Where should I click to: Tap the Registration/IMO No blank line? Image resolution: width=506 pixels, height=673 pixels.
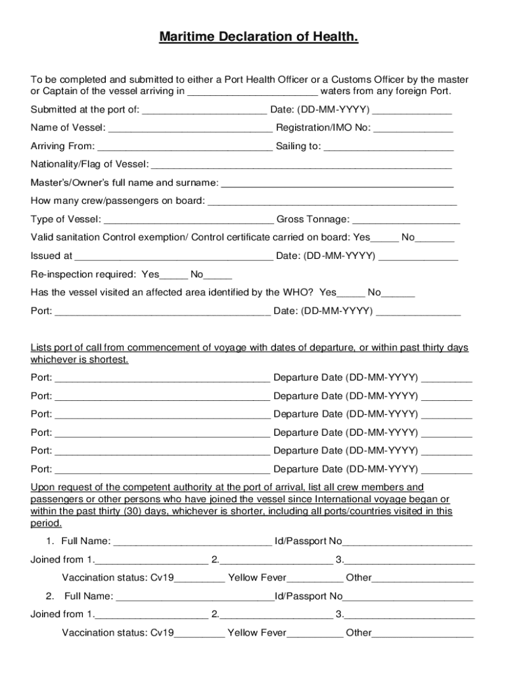413,128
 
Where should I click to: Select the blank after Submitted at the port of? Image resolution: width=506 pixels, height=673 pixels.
204,109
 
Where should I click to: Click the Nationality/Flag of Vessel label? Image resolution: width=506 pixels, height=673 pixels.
89,164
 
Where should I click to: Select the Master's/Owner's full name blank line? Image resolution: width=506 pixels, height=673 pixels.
337,182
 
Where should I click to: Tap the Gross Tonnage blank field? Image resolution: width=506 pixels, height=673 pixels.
406,219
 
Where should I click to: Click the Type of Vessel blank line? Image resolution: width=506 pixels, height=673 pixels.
189,219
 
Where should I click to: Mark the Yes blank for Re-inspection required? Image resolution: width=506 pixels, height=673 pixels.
174,275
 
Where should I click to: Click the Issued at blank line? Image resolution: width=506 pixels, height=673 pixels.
173,256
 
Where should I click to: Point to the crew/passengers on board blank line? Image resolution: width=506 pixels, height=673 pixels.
332,200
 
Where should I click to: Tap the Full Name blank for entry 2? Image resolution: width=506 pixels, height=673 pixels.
195,597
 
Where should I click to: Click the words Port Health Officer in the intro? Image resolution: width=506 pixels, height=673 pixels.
260,80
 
